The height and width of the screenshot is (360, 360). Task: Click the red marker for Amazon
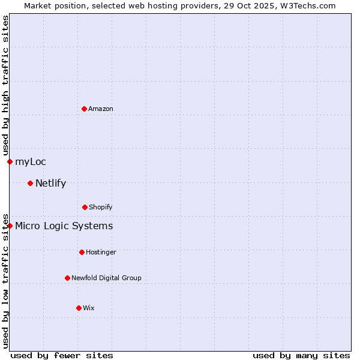(84, 109)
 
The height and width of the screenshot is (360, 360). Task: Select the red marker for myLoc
(10, 161)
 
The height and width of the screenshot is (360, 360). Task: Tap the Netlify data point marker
(30, 183)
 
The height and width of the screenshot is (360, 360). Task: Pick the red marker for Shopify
(85, 207)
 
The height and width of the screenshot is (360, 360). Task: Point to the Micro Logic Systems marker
(10, 226)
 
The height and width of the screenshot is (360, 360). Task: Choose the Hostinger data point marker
(82, 252)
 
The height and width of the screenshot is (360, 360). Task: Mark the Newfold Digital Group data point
(67, 278)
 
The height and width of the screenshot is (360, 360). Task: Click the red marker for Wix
(79, 308)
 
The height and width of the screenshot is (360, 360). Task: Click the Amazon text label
(101, 109)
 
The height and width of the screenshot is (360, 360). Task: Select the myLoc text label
(31, 161)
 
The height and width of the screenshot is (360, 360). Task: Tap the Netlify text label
(51, 183)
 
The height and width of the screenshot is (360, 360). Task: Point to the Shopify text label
(101, 207)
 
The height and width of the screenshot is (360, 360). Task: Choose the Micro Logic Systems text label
(64, 226)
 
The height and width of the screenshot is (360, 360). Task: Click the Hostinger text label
(101, 252)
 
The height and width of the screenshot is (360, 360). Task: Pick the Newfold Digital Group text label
(107, 278)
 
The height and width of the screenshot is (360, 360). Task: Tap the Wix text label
(89, 308)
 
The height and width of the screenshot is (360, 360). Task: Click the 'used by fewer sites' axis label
(62, 355)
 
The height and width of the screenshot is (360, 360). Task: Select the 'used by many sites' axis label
(301, 355)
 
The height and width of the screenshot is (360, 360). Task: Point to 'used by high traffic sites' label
(5, 85)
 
